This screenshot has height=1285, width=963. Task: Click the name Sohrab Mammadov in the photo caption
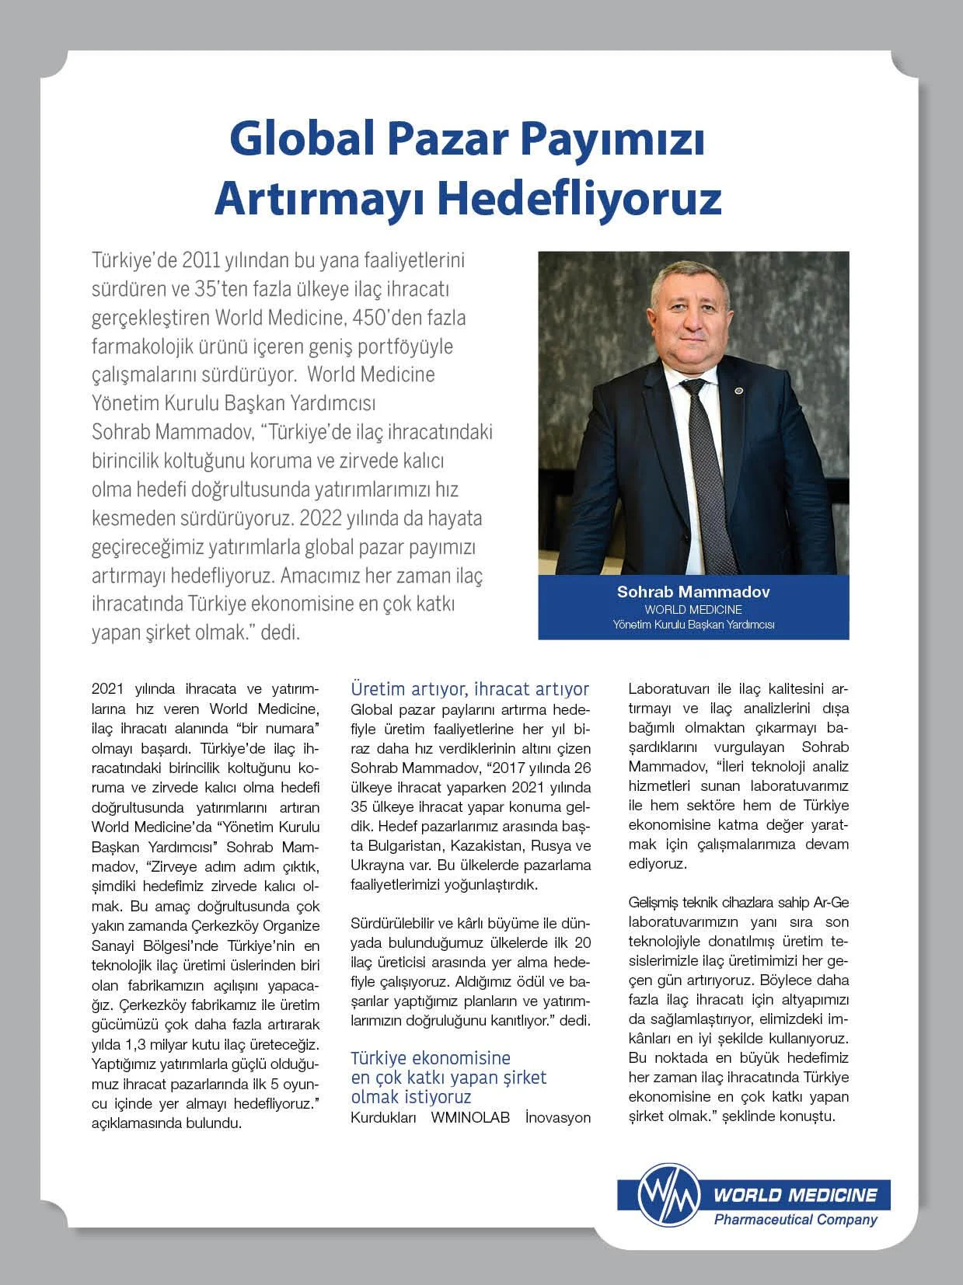(693, 591)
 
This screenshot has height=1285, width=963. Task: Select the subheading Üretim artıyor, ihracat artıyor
(469, 689)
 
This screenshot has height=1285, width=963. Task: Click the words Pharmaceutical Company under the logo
(795, 1220)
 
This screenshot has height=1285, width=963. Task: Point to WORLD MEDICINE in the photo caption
(693, 609)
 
